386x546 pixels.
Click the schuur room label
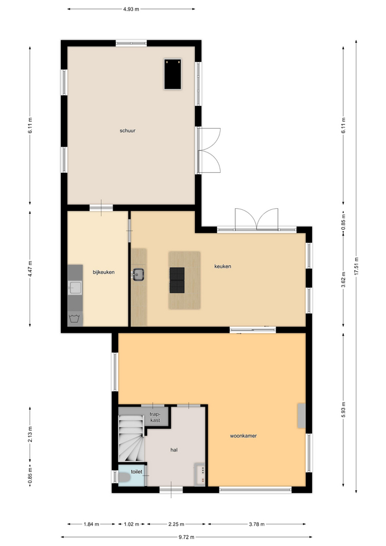127,131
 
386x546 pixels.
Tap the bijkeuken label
103,272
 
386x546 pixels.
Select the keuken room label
223,266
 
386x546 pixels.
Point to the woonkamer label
243,436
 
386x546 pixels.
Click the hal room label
174,450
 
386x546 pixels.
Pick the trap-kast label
155,417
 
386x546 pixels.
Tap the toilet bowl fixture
124,477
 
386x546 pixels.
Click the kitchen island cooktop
177,280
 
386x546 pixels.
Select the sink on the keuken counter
138,274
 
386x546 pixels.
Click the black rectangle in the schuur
173,74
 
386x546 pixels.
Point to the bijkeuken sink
75,288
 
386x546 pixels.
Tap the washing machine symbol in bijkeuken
75,318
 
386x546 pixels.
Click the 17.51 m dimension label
356,266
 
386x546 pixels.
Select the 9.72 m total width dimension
186,537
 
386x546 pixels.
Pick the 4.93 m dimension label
131,9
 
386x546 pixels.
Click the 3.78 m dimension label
257,524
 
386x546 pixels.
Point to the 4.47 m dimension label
30,269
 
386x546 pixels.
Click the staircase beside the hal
131,439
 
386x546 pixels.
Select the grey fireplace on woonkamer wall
301,416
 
